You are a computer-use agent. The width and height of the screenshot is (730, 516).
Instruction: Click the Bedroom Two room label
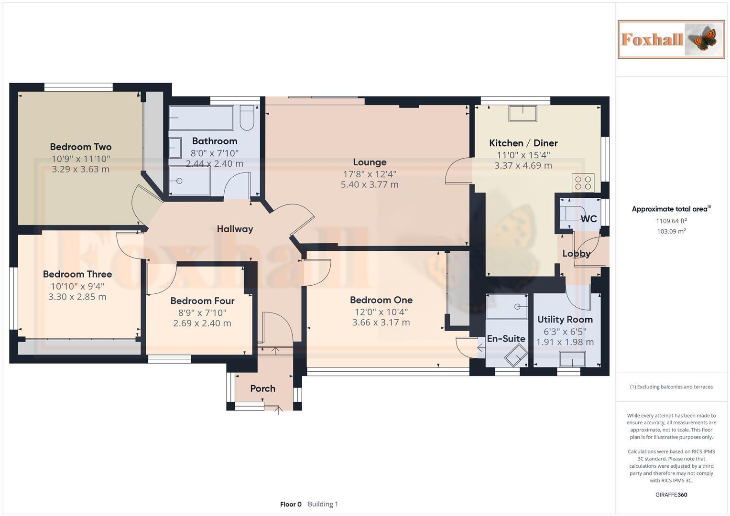pyautogui.click(x=81, y=147)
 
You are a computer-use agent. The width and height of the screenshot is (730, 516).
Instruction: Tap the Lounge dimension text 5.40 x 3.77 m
pyautogui.click(x=370, y=184)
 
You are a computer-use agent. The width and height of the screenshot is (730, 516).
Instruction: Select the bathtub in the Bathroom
pyautogui.click(x=201, y=118)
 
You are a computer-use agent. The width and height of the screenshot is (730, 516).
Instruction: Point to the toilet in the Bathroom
pyautogui.click(x=247, y=118)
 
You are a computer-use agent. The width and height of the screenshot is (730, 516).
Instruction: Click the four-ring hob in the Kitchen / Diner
pyautogui.click(x=583, y=183)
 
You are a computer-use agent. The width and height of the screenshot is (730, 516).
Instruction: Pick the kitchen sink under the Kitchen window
pyautogui.click(x=523, y=113)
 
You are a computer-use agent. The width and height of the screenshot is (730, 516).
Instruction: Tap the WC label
pyautogui.click(x=588, y=219)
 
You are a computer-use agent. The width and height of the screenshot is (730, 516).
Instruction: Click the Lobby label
pyautogui.click(x=577, y=253)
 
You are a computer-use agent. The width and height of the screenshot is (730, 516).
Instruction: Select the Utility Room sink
pyautogui.click(x=572, y=359)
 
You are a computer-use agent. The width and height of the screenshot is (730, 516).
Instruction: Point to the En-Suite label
pyautogui.click(x=506, y=338)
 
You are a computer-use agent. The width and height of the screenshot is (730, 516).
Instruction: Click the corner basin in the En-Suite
pyautogui.click(x=516, y=355)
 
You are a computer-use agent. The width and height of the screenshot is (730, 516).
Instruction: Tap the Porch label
pyautogui.click(x=262, y=388)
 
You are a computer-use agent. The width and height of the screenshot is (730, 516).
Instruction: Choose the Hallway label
pyautogui.click(x=235, y=229)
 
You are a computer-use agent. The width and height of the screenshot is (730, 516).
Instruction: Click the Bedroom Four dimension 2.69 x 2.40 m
pyautogui.click(x=202, y=323)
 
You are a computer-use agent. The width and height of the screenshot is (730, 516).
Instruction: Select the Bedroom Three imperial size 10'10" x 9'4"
pyautogui.click(x=77, y=286)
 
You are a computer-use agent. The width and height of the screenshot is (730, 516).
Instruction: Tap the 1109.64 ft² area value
pyautogui.click(x=671, y=221)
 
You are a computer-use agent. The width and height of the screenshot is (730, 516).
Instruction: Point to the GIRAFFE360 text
pyautogui.click(x=671, y=494)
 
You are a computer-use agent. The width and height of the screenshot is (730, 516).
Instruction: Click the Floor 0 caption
pyautogui.click(x=291, y=504)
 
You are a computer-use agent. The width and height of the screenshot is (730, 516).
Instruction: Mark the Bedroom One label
pyautogui.click(x=381, y=300)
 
